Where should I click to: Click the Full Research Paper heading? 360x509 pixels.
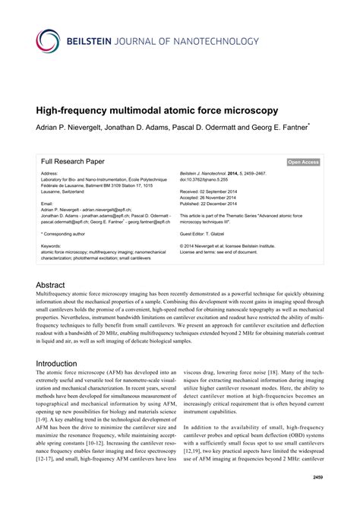click(73, 162)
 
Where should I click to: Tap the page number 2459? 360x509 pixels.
click(314, 478)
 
